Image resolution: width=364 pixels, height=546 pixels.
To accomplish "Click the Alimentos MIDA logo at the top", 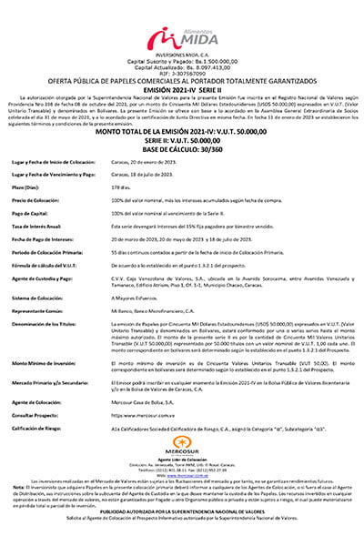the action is click(182, 38).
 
